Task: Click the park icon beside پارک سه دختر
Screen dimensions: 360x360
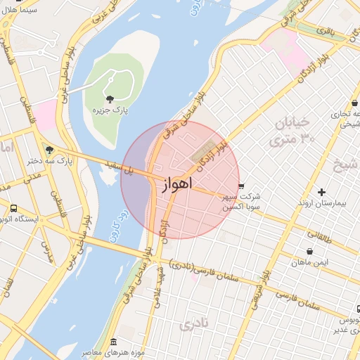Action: click(49, 149)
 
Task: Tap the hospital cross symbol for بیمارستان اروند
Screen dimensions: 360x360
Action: click(322, 191)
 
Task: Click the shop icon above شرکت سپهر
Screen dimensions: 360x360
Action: click(242, 186)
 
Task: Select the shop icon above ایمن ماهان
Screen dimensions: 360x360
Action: click(310, 251)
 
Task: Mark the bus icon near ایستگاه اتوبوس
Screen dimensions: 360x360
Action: click(13, 208)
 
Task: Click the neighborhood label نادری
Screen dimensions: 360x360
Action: click(193, 325)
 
